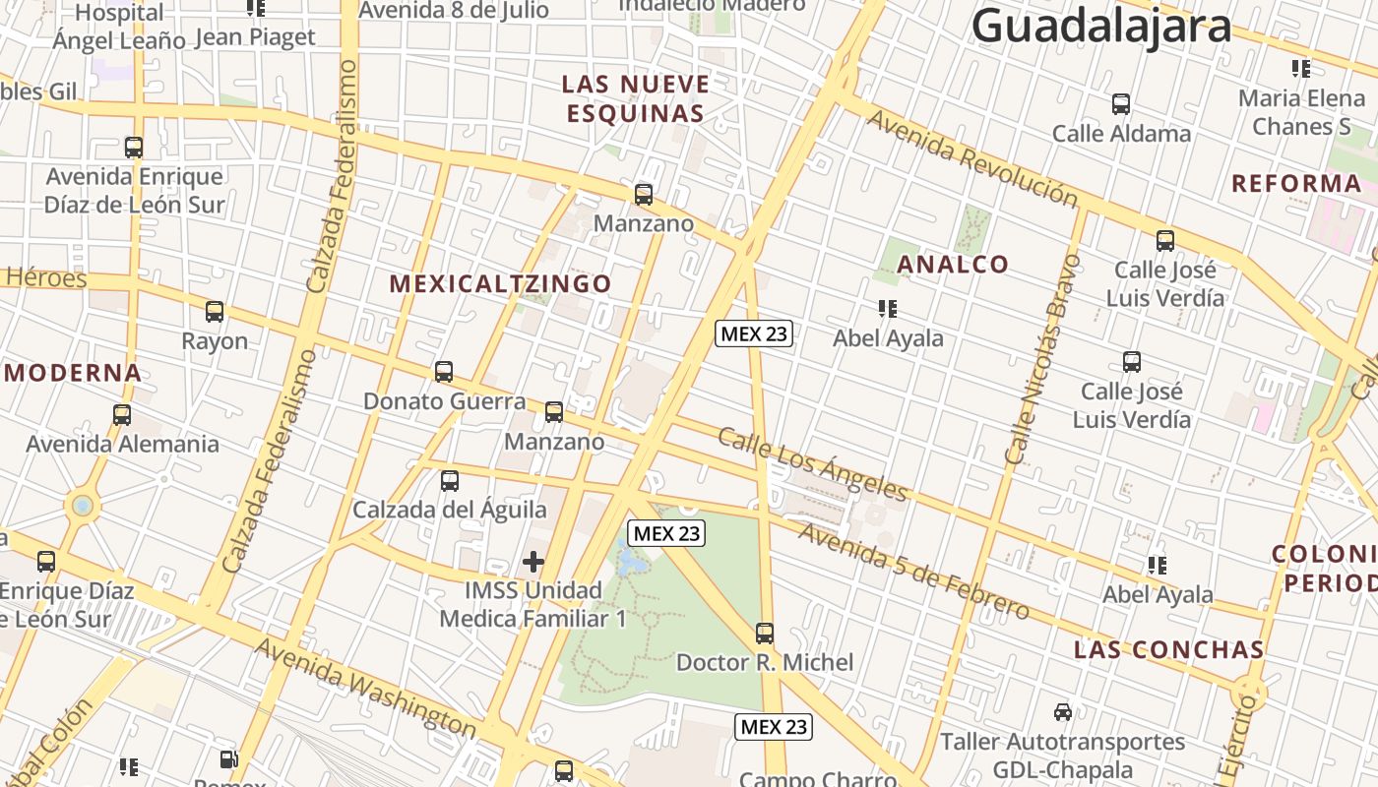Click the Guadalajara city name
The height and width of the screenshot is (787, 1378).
1100,26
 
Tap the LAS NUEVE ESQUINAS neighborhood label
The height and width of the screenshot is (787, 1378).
636,98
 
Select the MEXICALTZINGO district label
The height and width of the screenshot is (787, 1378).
500,284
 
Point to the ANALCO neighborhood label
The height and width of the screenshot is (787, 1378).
953,264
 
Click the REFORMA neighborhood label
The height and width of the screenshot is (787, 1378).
1296,183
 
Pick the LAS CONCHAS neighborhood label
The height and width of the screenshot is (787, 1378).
1168,649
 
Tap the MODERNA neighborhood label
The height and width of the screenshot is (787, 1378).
74,373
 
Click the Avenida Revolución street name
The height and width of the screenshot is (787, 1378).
972,158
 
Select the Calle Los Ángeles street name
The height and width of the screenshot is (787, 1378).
812,463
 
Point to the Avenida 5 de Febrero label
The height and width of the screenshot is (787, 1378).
914,572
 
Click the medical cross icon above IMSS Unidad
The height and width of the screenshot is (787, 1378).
533,562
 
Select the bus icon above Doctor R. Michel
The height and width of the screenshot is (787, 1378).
765,634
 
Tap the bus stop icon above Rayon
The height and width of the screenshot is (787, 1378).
215,312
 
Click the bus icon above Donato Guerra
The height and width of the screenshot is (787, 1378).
444,372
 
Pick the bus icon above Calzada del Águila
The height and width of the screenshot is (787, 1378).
450,481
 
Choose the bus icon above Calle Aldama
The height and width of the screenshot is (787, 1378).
1121,104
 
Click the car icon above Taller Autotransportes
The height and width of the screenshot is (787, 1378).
1062,711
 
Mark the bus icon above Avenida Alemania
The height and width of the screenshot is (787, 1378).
122,415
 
